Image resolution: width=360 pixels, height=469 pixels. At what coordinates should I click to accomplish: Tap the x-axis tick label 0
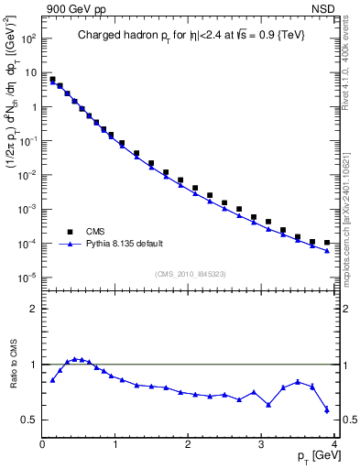click(x=43, y=444)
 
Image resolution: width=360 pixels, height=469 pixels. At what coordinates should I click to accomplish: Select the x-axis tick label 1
click(x=115, y=444)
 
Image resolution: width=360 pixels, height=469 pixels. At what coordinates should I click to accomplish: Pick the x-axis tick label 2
click(x=188, y=444)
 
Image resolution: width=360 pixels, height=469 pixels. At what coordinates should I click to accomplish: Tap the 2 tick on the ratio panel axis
click(x=33, y=309)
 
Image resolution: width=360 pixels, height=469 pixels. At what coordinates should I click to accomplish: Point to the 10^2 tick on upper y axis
click(x=27, y=39)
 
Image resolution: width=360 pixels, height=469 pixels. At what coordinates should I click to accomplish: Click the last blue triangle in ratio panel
click(x=327, y=409)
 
